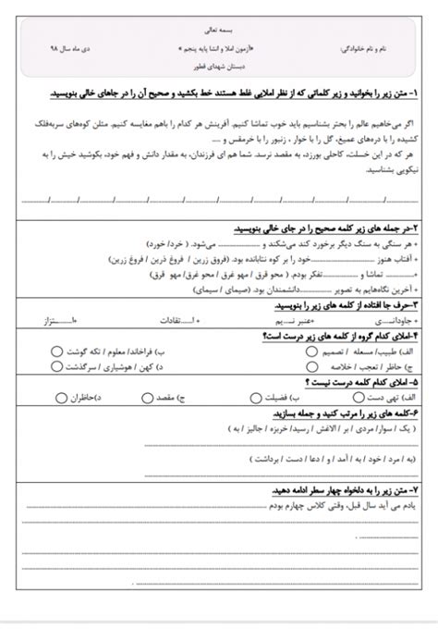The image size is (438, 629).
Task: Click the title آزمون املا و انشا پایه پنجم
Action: click(x=218, y=45)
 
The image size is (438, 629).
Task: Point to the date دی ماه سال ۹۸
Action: click(x=64, y=45)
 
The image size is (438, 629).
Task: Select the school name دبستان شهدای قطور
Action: click(x=219, y=67)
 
